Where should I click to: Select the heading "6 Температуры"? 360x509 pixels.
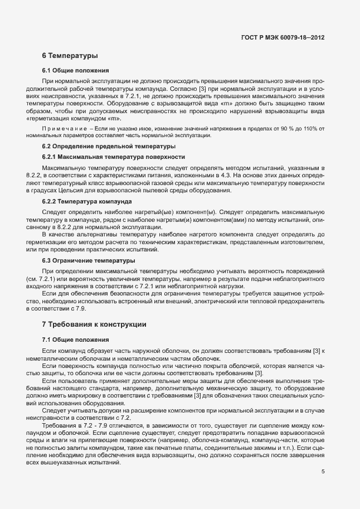click(70, 56)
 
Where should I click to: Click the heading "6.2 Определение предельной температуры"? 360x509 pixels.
click(109, 147)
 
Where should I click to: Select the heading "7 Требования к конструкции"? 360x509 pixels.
click(94, 324)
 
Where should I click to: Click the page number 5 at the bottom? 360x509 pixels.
click(323, 472)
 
